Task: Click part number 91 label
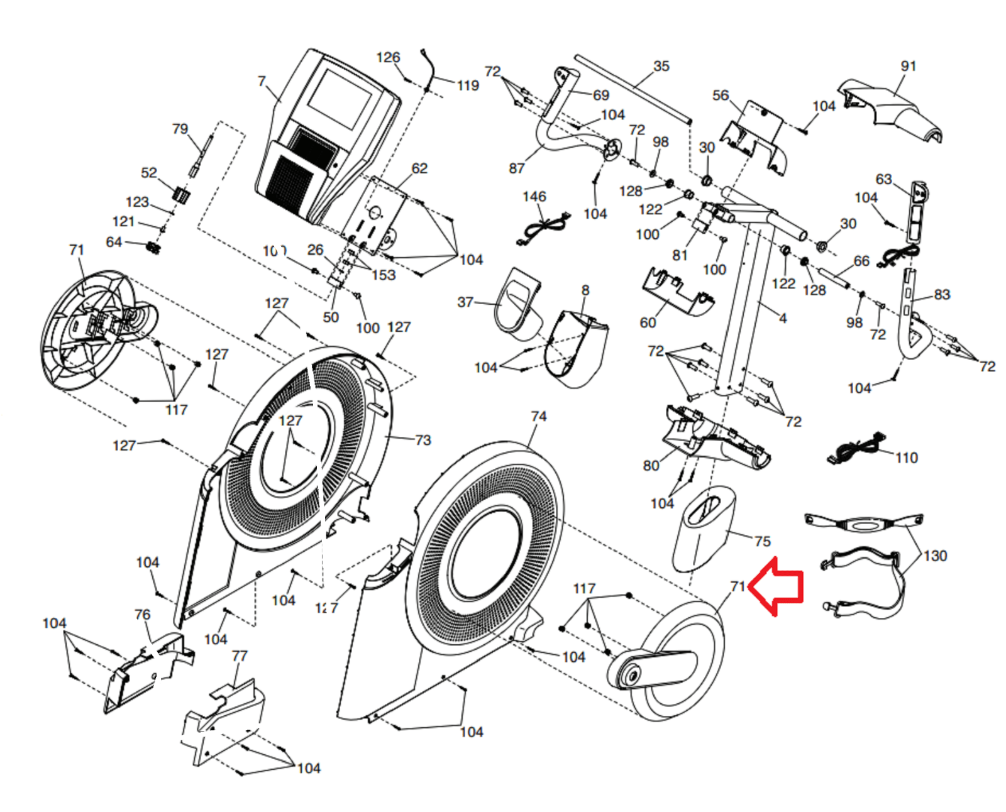[x=908, y=66]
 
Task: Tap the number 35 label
[x=661, y=66]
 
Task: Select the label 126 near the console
[x=388, y=57]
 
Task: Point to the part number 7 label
[x=262, y=81]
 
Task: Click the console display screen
[x=341, y=99]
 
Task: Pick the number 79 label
[x=180, y=129]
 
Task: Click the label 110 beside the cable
[x=906, y=458]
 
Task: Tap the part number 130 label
[x=935, y=556]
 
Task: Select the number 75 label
[x=762, y=541]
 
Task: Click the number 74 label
[x=538, y=416]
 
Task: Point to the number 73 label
[x=423, y=440]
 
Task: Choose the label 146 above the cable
[x=534, y=197]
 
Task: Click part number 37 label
[x=465, y=302]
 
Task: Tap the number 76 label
[x=143, y=614]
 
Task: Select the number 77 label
[x=240, y=656]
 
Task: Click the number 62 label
[x=419, y=168]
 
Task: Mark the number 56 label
[x=721, y=95]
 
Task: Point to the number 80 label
[x=651, y=465]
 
